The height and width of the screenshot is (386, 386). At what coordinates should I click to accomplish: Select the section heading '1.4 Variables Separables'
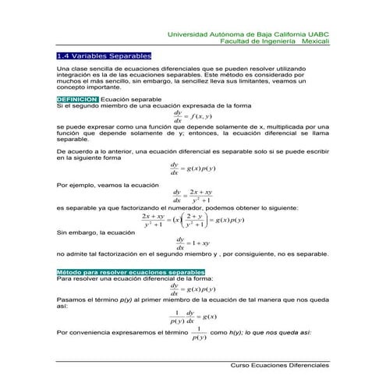click(104, 57)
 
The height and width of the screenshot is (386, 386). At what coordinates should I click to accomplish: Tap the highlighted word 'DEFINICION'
click(77, 100)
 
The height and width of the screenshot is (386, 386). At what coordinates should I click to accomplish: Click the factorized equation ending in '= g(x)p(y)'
click(193, 221)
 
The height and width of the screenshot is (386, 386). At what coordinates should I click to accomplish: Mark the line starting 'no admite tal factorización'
click(193, 254)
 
